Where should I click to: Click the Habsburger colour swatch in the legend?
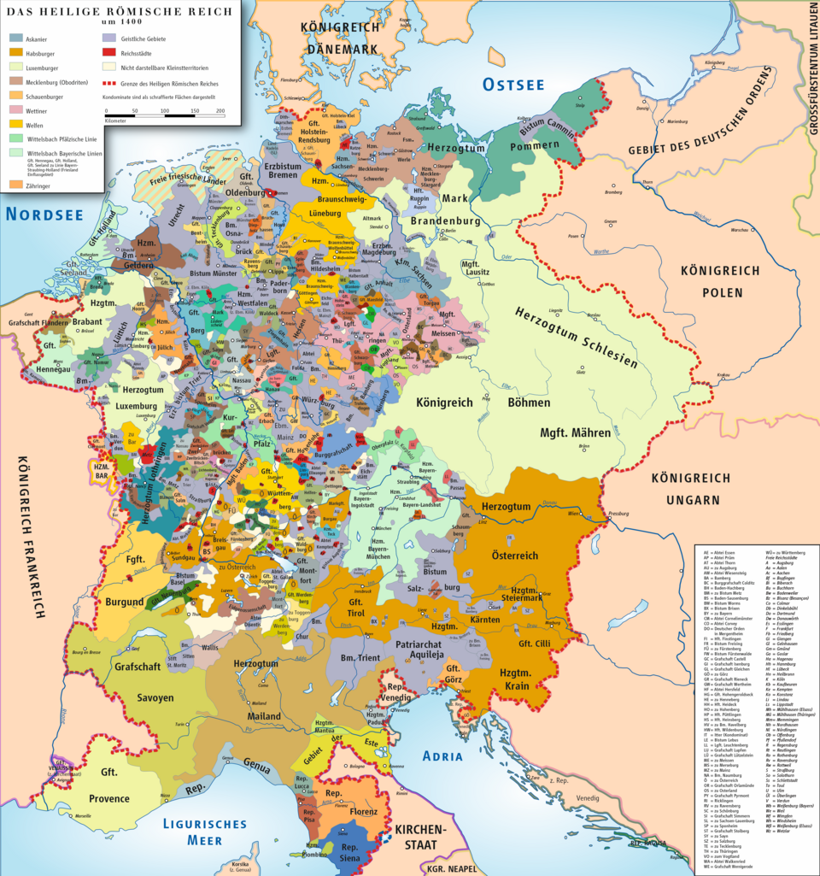point(17,53)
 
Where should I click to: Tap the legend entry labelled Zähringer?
point(17,183)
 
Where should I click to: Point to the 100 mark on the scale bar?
point(163,111)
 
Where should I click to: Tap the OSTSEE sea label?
point(512,84)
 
